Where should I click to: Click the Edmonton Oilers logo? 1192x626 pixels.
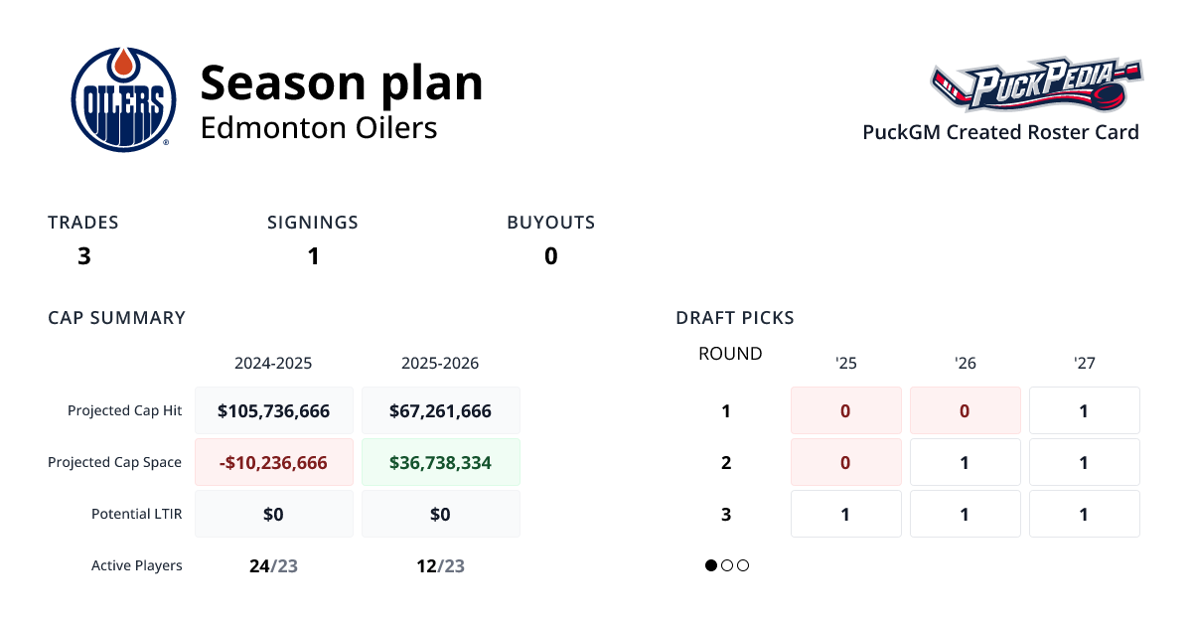tap(123, 99)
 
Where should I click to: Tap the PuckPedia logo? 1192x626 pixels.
tap(1036, 85)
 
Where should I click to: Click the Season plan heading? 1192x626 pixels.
tap(342, 82)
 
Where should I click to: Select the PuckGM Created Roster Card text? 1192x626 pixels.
tap(1000, 132)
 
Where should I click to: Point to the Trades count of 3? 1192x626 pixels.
tap(84, 256)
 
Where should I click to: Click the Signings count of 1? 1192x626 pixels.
tap(313, 256)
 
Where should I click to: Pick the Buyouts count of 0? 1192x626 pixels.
tap(550, 256)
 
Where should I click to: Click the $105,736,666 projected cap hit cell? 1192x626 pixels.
tap(273, 410)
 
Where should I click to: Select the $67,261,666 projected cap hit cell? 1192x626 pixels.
tap(440, 410)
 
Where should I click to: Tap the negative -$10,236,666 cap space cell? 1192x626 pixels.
tap(273, 462)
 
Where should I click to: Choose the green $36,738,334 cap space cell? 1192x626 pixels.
tap(440, 462)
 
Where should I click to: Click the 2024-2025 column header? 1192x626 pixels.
tap(273, 363)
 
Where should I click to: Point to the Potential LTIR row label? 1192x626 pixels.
tap(136, 514)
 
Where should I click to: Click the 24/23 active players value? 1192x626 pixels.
tap(273, 566)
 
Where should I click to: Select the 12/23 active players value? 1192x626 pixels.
tap(440, 566)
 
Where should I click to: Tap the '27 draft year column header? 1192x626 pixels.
tap(1084, 363)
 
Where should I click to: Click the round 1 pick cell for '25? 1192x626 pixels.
tap(845, 410)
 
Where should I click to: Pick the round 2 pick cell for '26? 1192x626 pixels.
tap(965, 462)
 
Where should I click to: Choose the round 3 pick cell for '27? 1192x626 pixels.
tap(1084, 514)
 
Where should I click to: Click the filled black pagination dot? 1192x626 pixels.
tap(711, 565)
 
